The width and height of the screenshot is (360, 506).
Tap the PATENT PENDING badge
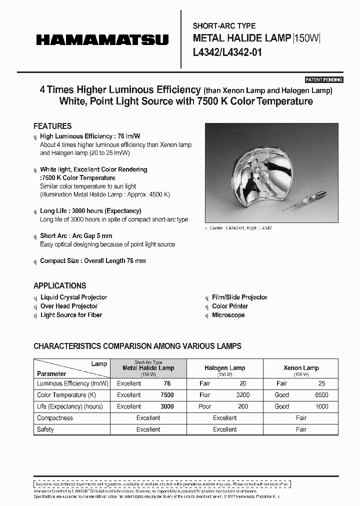[x=324, y=80]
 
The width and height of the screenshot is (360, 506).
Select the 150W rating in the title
[x=306, y=38]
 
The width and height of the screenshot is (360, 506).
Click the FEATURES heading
[x=52, y=126]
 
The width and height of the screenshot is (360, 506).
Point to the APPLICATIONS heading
[x=60, y=285]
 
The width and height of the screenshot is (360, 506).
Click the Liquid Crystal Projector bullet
[x=73, y=297]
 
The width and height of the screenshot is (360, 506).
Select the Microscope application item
[x=228, y=315]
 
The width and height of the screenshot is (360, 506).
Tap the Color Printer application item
[x=230, y=306]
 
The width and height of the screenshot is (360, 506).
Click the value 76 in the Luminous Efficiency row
[x=167, y=383]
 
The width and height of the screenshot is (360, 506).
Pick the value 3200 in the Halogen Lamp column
[x=242, y=395]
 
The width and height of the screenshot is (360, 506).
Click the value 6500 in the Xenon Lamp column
[x=321, y=395]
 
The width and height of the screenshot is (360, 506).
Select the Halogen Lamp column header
[x=224, y=368]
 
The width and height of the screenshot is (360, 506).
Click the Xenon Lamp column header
[x=301, y=368]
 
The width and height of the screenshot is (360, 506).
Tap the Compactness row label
[x=55, y=418]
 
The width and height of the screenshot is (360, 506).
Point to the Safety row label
[x=45, y=429]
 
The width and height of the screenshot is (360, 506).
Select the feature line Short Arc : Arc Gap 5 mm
[x=76, y=235]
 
